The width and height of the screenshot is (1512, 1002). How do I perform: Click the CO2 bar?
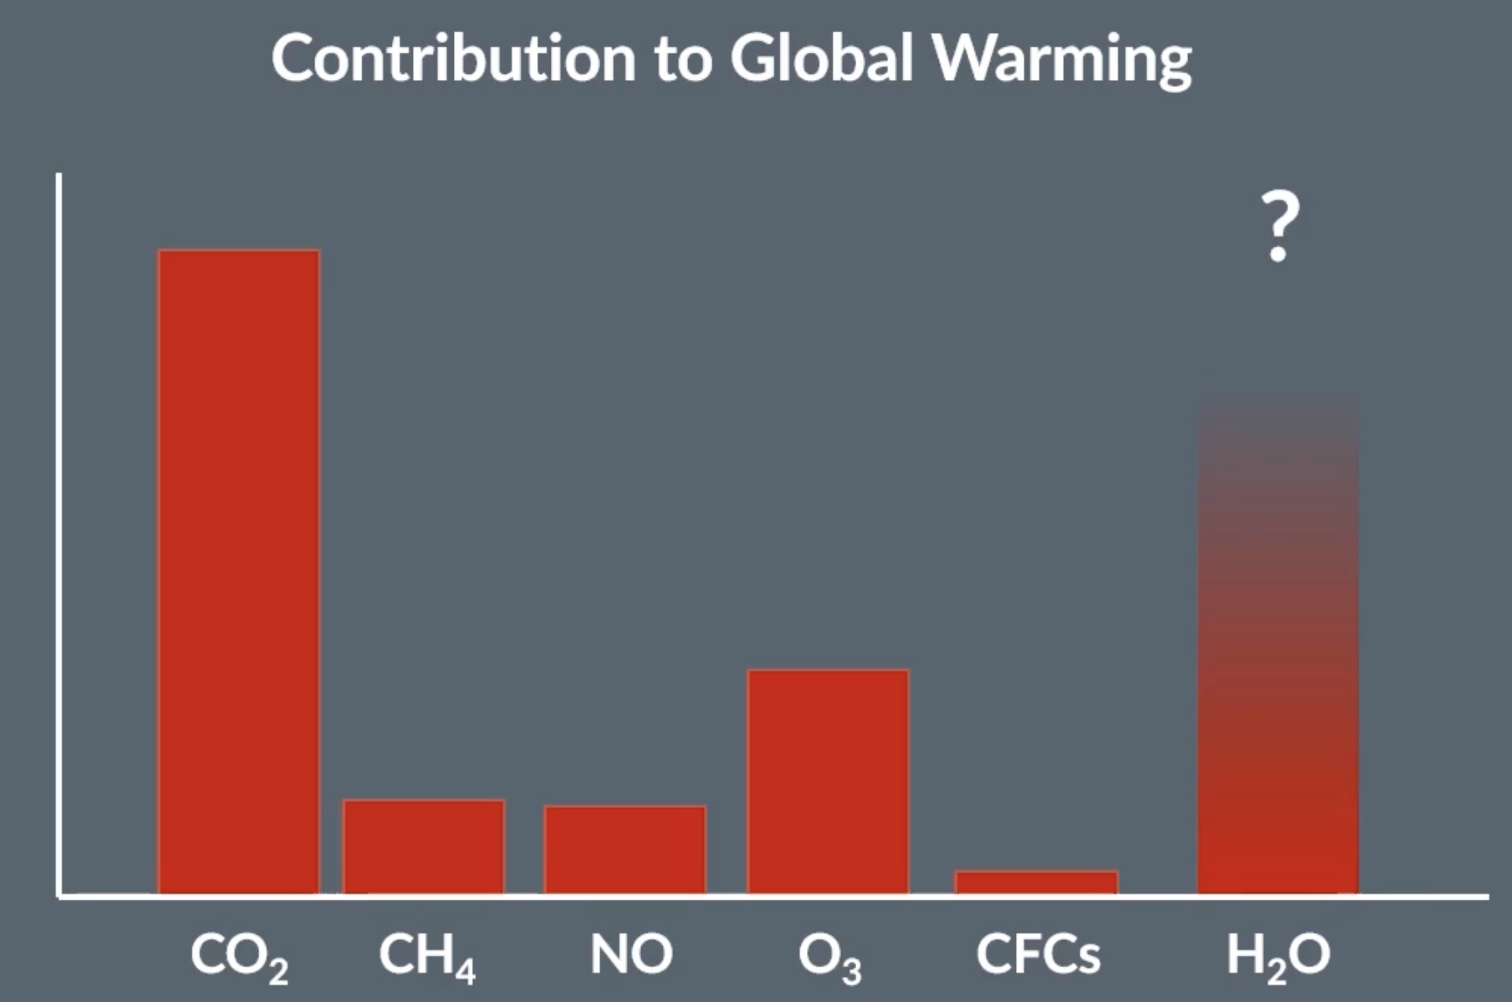click(239, 571)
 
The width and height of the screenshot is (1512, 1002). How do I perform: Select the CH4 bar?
click(424, 847)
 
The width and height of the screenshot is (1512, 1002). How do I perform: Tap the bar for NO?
click(625, 850)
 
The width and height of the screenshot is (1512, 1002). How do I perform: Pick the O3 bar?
click(828, 782)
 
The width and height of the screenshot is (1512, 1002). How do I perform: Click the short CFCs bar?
click(1036, 883)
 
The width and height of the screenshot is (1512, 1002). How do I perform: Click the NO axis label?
click(631, 954)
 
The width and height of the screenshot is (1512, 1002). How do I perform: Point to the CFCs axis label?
click(1038, 954)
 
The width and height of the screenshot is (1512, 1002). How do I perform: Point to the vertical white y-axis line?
click(59, 528)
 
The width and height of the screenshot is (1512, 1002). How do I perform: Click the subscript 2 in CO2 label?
click(278, 972)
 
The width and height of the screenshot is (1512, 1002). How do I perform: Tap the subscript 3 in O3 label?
click(852, 972)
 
